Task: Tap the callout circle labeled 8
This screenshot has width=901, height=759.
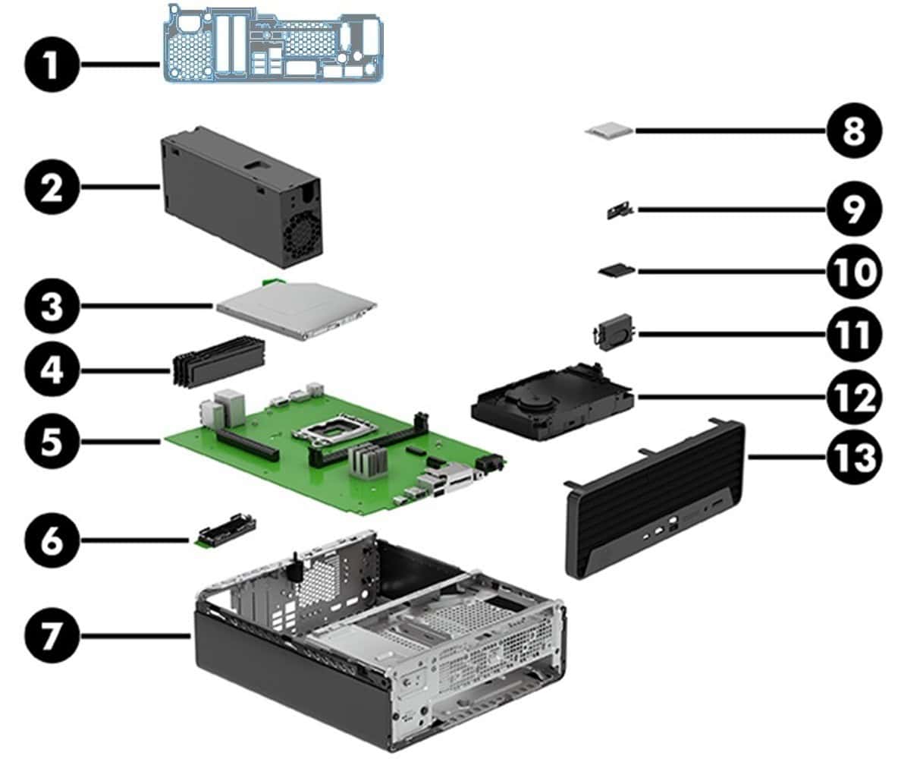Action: click(x=853, y=131)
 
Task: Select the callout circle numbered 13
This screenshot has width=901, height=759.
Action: click(x=853, y=458)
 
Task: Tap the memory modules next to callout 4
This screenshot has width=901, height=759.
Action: click(x=218, y=362)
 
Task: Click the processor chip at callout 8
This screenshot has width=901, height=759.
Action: click(x=608, y=131)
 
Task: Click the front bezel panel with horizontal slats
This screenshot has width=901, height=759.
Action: click(x=652, y=501)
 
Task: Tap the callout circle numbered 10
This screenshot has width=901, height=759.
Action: click(x=853, y=271)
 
